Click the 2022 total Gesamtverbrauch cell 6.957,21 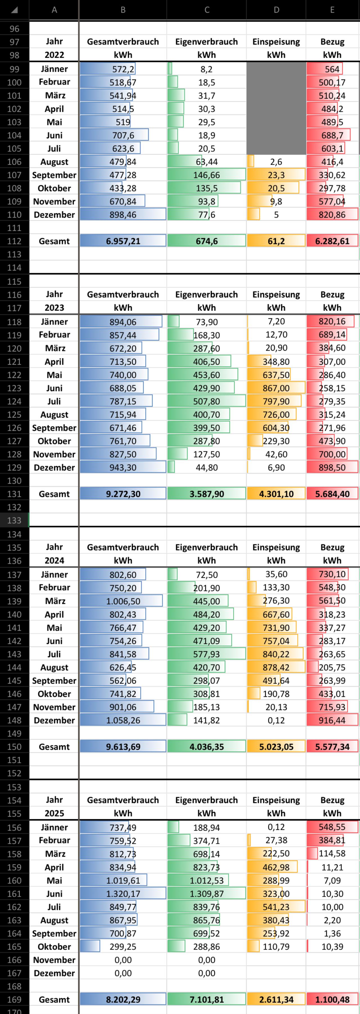pos(123,241)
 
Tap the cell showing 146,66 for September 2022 pos(206,175)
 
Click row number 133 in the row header pos(14,520)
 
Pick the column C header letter pos(206,10)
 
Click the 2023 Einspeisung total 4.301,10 pos(276,494)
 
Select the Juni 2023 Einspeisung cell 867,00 pos(276,388)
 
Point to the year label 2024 pos(54,561)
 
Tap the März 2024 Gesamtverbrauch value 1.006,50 pos(123,601)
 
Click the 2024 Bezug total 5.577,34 pos(332,747)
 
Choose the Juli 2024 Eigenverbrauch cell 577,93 pos(206,654)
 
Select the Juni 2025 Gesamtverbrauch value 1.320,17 pos(123,894)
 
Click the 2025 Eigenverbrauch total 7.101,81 pos(206,999)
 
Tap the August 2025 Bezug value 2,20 pos(332,920)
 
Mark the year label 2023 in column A pos(54,308)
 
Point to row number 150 pos(14,747)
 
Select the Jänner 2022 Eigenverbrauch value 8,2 pos(206,69)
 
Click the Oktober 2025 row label pos(54,947)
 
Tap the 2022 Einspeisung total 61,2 pos(276,241)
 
